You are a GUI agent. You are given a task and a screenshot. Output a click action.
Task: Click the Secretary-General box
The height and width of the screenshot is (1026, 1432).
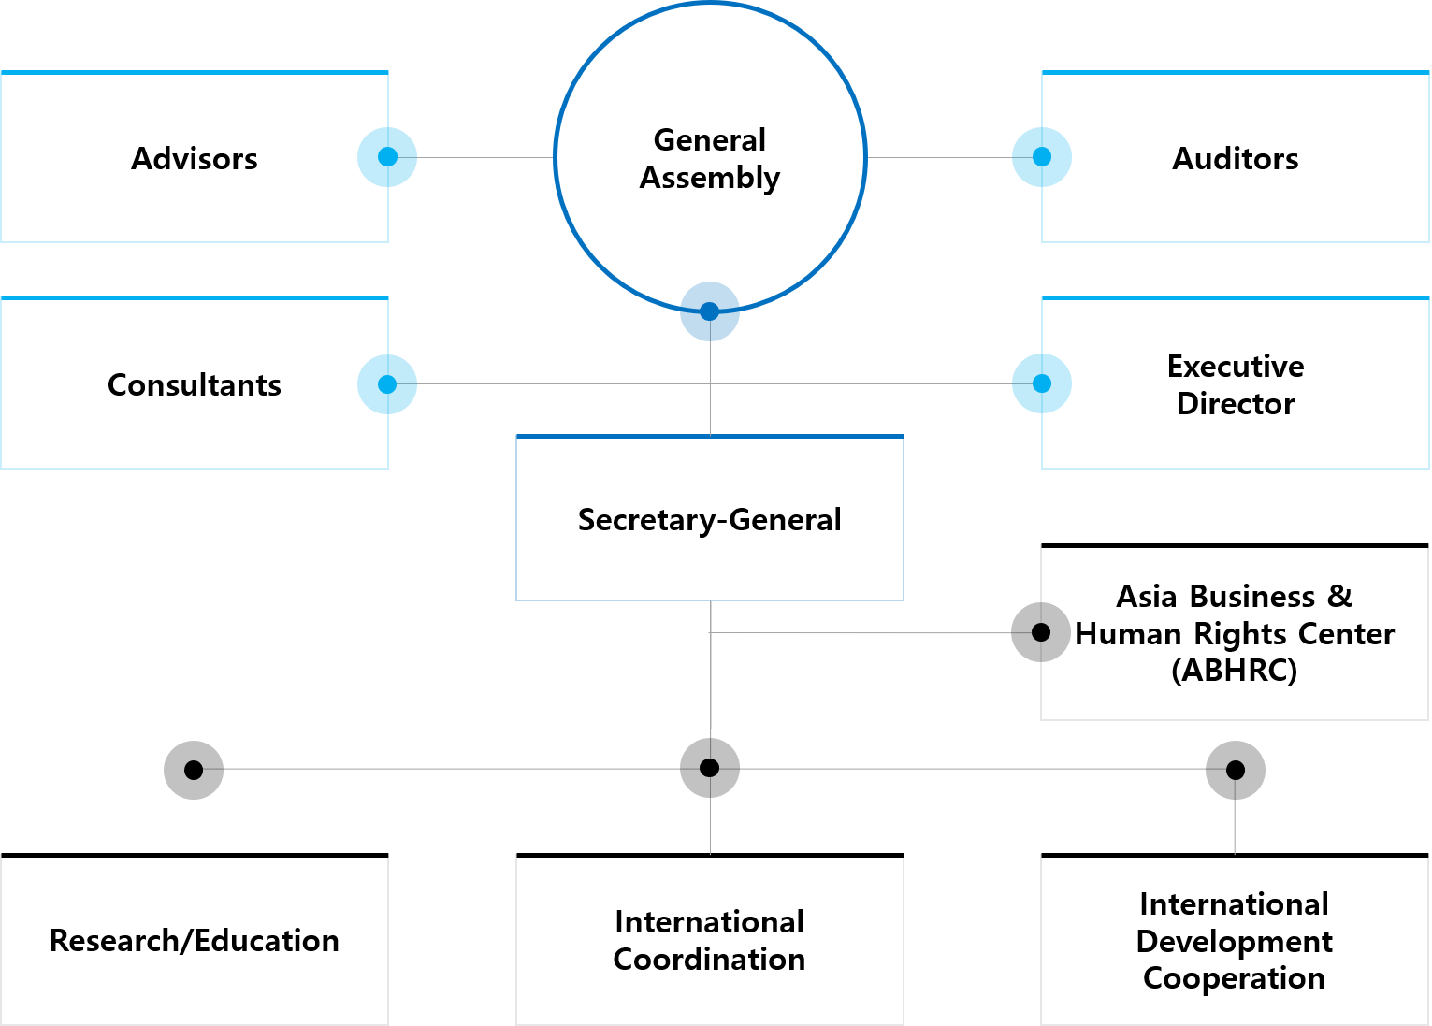[x=710, y=561]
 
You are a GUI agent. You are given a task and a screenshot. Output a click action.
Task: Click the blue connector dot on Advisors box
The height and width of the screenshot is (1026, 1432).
[x=387, y=157]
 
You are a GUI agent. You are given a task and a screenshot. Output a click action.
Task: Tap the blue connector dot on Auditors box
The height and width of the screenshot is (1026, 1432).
[x=1041, y=157]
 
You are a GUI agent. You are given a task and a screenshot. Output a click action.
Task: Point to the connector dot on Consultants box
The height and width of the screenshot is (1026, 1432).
[x=387, y=383]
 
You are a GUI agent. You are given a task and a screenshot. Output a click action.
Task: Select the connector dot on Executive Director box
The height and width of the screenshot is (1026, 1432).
[x=1041, y=383]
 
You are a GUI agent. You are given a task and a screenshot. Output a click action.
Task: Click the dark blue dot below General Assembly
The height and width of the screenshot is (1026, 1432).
[x=710, y=311]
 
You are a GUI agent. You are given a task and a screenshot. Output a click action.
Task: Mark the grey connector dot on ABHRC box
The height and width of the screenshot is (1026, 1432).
[x=1041, y=633]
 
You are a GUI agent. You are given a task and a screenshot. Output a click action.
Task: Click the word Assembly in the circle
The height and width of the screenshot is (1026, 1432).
[x=710, y=178]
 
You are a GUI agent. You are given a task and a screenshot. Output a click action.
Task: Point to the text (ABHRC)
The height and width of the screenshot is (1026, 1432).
[x=1235, y=671]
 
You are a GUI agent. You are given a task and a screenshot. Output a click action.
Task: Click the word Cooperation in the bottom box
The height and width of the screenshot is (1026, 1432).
[x=1235, y=978]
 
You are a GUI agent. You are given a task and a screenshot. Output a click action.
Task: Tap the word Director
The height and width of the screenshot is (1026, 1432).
[x=1236, y=404]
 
